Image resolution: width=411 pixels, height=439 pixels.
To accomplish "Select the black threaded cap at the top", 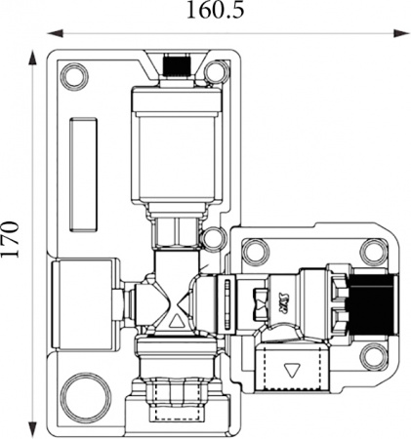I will point(176,66).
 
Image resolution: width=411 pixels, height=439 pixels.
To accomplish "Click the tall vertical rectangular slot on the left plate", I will point(83,175).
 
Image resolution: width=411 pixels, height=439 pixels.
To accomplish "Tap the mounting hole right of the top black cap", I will point(217,72).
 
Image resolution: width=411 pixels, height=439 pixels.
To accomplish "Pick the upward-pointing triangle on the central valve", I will point(176,320).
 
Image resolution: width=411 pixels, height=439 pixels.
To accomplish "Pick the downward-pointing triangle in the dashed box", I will point(293,371).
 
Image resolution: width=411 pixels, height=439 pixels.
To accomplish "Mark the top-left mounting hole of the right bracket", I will point(253,252).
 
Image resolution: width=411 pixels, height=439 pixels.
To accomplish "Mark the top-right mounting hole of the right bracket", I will point(372,252).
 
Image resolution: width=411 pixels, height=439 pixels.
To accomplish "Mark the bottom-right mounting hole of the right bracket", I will point(372,356).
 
